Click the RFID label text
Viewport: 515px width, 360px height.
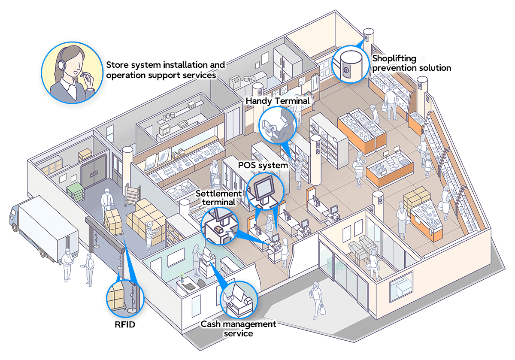124,324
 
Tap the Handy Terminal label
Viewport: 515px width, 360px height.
277,100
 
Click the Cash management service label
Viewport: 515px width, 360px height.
238,328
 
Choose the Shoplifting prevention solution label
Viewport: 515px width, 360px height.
411,63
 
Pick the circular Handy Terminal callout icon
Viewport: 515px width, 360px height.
277,125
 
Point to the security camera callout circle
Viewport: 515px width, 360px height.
351,64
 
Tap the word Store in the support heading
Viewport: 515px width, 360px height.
116,65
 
